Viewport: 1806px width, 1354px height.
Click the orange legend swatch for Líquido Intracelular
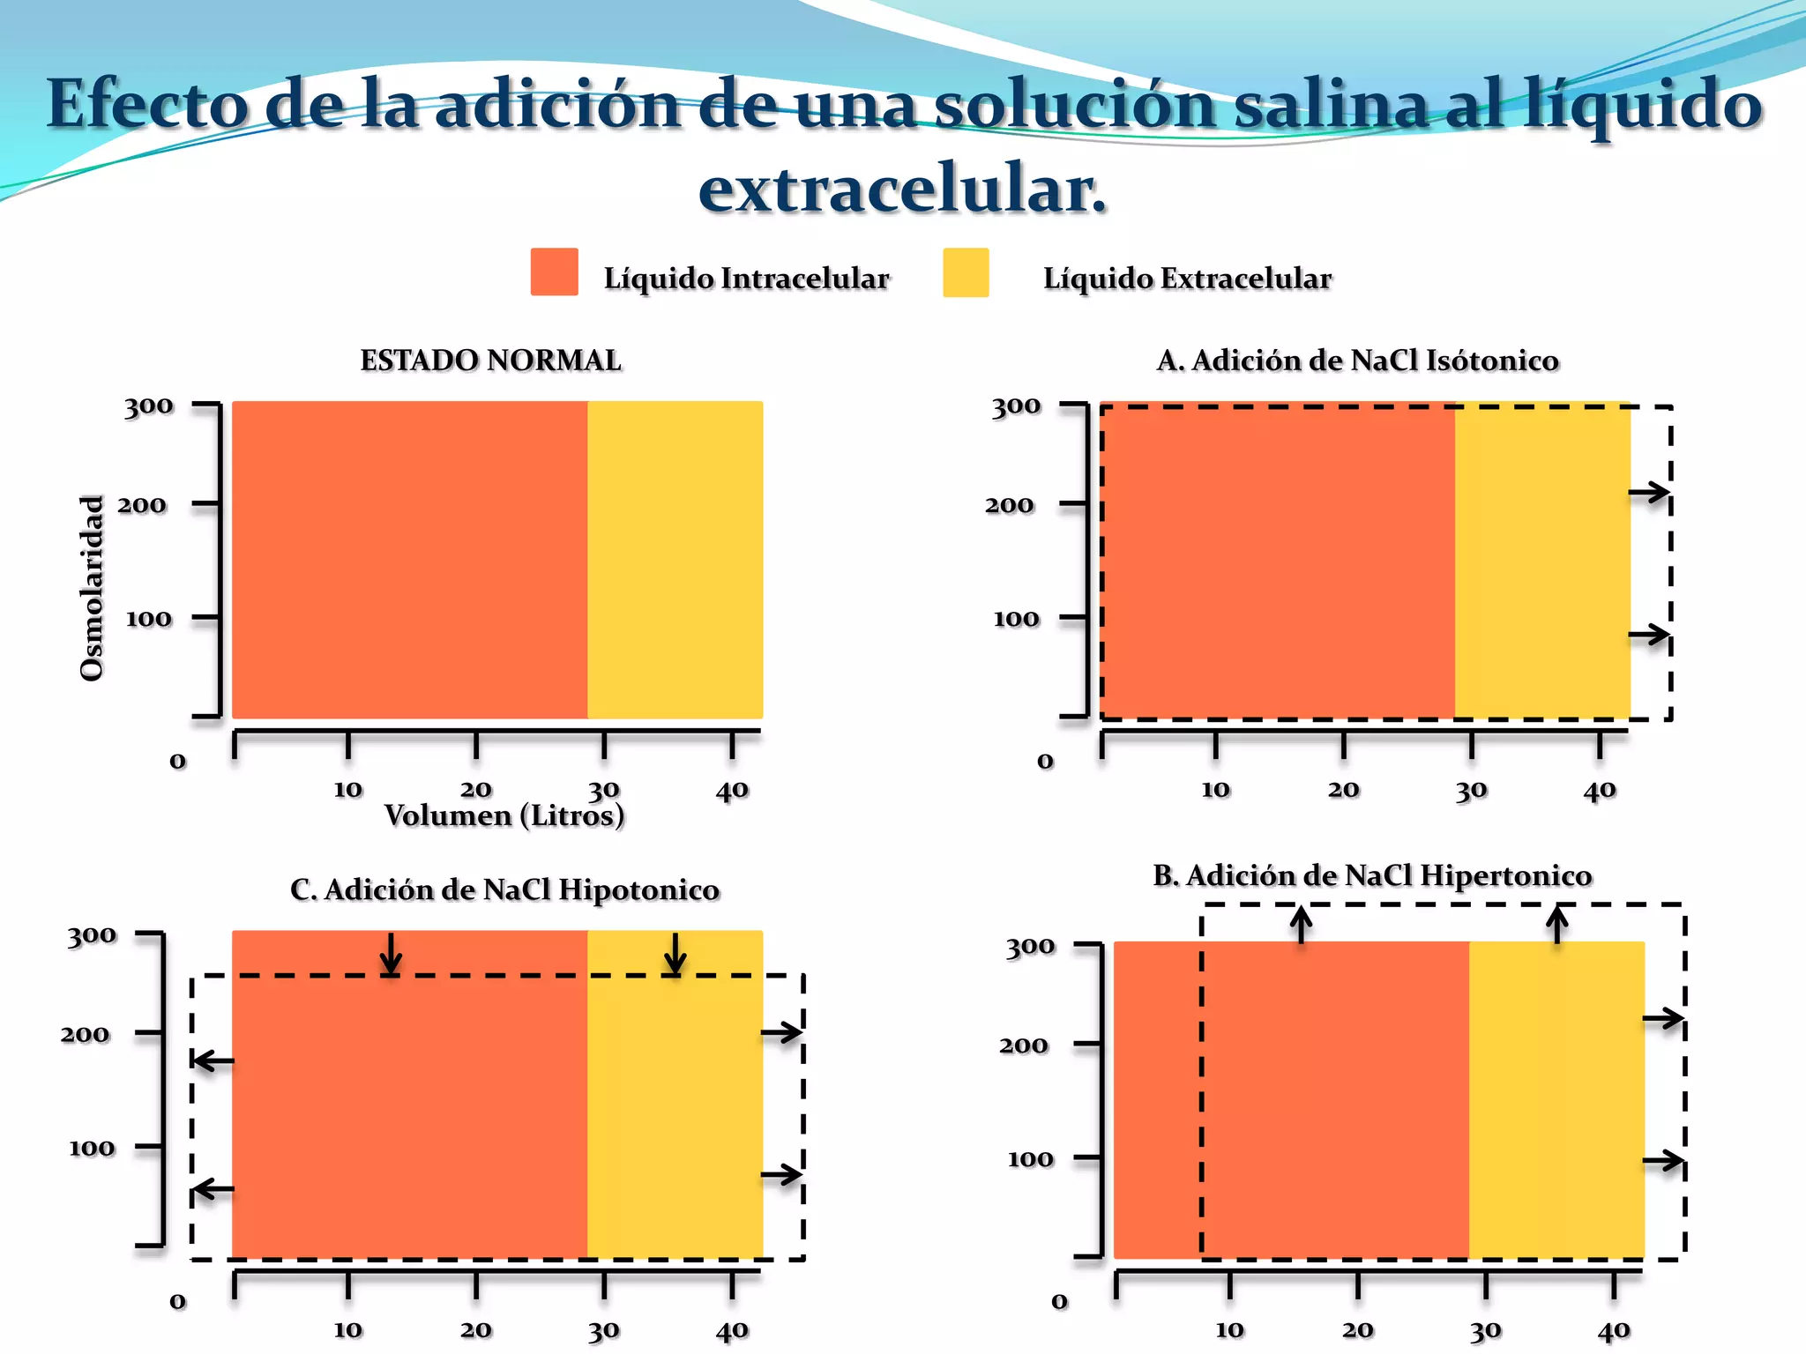click(x=554, y=272)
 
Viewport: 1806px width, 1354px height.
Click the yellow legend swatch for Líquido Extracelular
click(x=966, y=272)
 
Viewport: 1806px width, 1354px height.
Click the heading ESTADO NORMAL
click(x=490, y=361)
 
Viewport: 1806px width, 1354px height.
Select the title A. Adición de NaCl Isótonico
click(x=1357, y=361)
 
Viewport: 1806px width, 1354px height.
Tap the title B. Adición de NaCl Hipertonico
click(x=1372, y=875)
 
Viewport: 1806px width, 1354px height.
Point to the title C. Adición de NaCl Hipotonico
click(x=504, y=889)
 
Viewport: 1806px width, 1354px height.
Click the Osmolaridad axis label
click(x=92, y=588)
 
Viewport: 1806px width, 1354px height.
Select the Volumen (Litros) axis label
click(x=504, y=815)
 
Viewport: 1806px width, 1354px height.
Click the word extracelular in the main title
click(x=902, y=189)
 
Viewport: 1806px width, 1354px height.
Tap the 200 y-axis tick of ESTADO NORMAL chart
click(x=142, y=505)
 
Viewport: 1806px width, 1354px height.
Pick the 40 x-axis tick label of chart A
click(x=1600, y=790)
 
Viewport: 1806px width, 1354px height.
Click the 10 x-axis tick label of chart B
click(x=1229, y=1329)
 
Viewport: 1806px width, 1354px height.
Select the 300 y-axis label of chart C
click(x=92, y=935)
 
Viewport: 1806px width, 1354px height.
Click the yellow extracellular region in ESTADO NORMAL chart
click(x=675, y=560)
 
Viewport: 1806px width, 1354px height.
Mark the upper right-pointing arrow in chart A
click(x=1648, y=493)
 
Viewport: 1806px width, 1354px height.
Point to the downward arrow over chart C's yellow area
click(x=675, y=954)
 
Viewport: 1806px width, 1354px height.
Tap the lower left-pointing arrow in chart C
click(x=213, y=1190)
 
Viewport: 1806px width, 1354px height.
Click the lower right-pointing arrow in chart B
click(x=1663, y=1161)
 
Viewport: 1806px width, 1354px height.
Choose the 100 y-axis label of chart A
click(x=1016, y=619)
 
